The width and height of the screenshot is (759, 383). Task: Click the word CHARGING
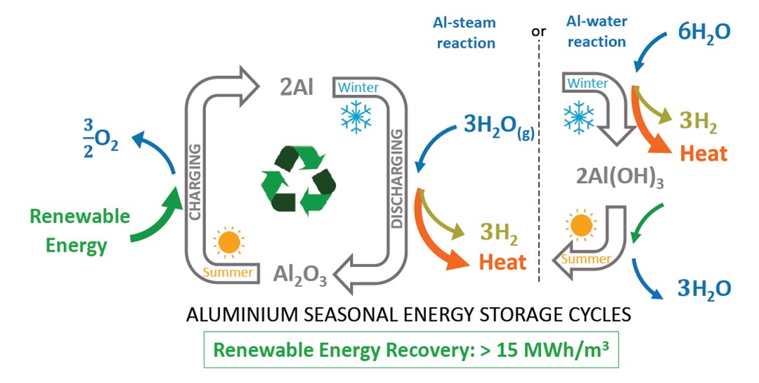pos(196,173)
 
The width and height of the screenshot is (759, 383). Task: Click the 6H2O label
pos(703,32)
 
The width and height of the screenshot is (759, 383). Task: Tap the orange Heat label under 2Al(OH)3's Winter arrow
pos(703,153)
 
